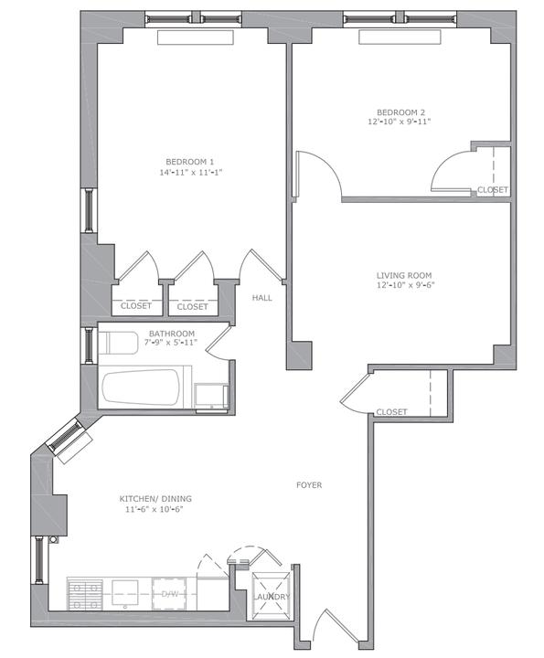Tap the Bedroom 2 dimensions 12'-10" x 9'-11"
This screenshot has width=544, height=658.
pos(400,122)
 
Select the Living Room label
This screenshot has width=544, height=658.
pos(404,275)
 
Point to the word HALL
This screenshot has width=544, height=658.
pos(261,298)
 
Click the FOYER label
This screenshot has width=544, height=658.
pos(309,485)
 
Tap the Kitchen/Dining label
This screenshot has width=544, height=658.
pos(155,499)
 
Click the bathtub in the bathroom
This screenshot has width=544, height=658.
pos(142,387)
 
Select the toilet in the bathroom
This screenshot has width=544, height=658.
pos(118,343)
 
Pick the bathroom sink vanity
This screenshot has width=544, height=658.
pos(211,396)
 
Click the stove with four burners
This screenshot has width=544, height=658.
pos(85,594)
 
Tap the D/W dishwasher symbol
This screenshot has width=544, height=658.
pos(169,594)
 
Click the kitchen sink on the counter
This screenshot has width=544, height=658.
pos(124,593)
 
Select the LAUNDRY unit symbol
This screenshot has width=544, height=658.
pos(272,596)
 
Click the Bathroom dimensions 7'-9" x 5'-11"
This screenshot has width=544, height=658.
pos(172,343)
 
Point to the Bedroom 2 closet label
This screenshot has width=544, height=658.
pos(493,190)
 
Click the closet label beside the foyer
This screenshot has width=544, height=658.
pos(391,411)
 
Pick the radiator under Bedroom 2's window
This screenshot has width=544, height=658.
pos(400,37)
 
